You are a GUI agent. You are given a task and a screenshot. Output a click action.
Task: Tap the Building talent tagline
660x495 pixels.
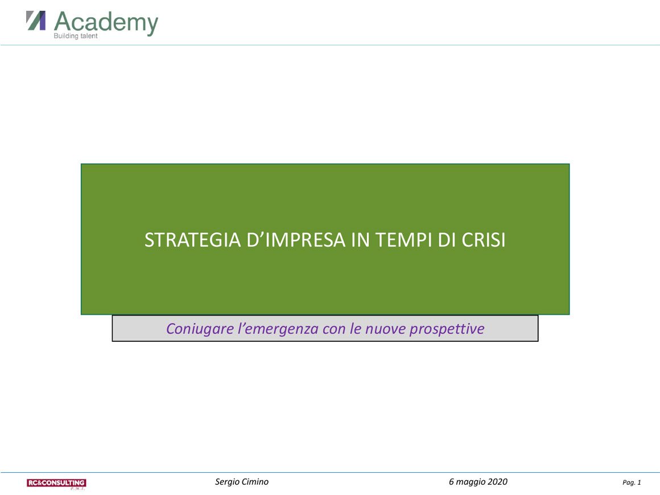click(75, 36)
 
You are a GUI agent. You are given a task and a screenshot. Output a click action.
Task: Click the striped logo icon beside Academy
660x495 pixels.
click(36, 21)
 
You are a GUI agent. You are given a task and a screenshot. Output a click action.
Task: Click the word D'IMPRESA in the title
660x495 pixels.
click(296, 240)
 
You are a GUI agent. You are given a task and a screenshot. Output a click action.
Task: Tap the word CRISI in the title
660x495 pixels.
click(484, 240)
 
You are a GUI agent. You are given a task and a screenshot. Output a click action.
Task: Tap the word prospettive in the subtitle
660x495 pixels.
click(447, 329)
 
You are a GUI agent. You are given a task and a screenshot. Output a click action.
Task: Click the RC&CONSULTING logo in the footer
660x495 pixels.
click(56, 484)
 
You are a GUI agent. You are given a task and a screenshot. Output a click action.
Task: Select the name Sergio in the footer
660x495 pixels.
click(227, 482)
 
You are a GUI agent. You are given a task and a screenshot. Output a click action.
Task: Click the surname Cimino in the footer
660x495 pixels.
click(255, 481)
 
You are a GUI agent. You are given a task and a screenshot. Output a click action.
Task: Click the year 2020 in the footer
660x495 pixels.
click(498, 481)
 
